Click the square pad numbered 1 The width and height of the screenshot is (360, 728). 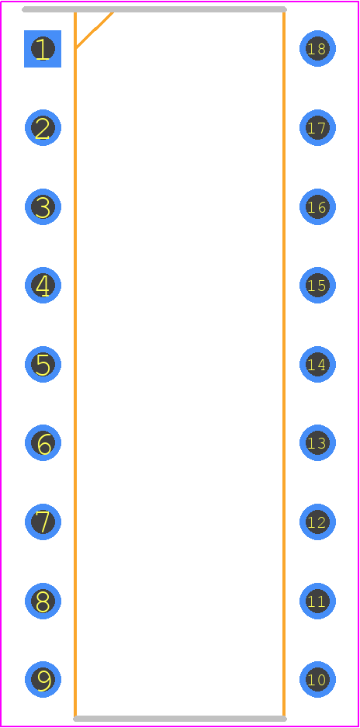click(43, 49)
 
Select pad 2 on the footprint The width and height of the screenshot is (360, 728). click(43, 128)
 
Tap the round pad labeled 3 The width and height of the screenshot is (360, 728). click(43, 206)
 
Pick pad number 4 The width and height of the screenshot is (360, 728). click(43, 285)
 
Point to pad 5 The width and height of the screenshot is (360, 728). click(43, 364)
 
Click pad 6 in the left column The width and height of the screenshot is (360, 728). click(43, 443)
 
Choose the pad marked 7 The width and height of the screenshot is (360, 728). click(43, 522)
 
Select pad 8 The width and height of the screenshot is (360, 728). click(43, 601)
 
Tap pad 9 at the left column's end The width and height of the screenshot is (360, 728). click(43, 679)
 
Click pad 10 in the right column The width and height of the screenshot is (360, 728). click(318, 679)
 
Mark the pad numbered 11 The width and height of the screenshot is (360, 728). click(318, 601)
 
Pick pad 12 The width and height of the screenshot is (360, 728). click(318, 522)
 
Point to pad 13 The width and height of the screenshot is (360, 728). click(318, 443)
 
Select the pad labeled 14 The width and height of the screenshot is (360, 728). click(318, 364)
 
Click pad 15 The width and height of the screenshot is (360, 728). click(318, 285)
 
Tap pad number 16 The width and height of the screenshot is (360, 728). click(318, 206)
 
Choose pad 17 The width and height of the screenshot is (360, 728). click(318, 128)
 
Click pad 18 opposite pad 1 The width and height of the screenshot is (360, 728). click(318, 49)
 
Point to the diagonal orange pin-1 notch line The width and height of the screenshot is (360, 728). click(94, 30)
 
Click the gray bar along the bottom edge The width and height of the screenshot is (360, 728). click(180, 719)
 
